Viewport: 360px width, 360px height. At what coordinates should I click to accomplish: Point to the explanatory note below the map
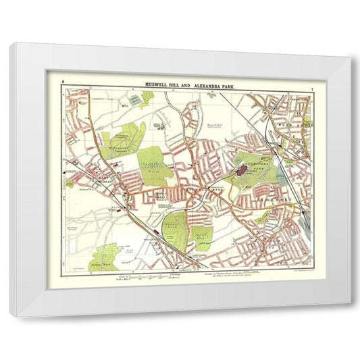coord(233,275)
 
